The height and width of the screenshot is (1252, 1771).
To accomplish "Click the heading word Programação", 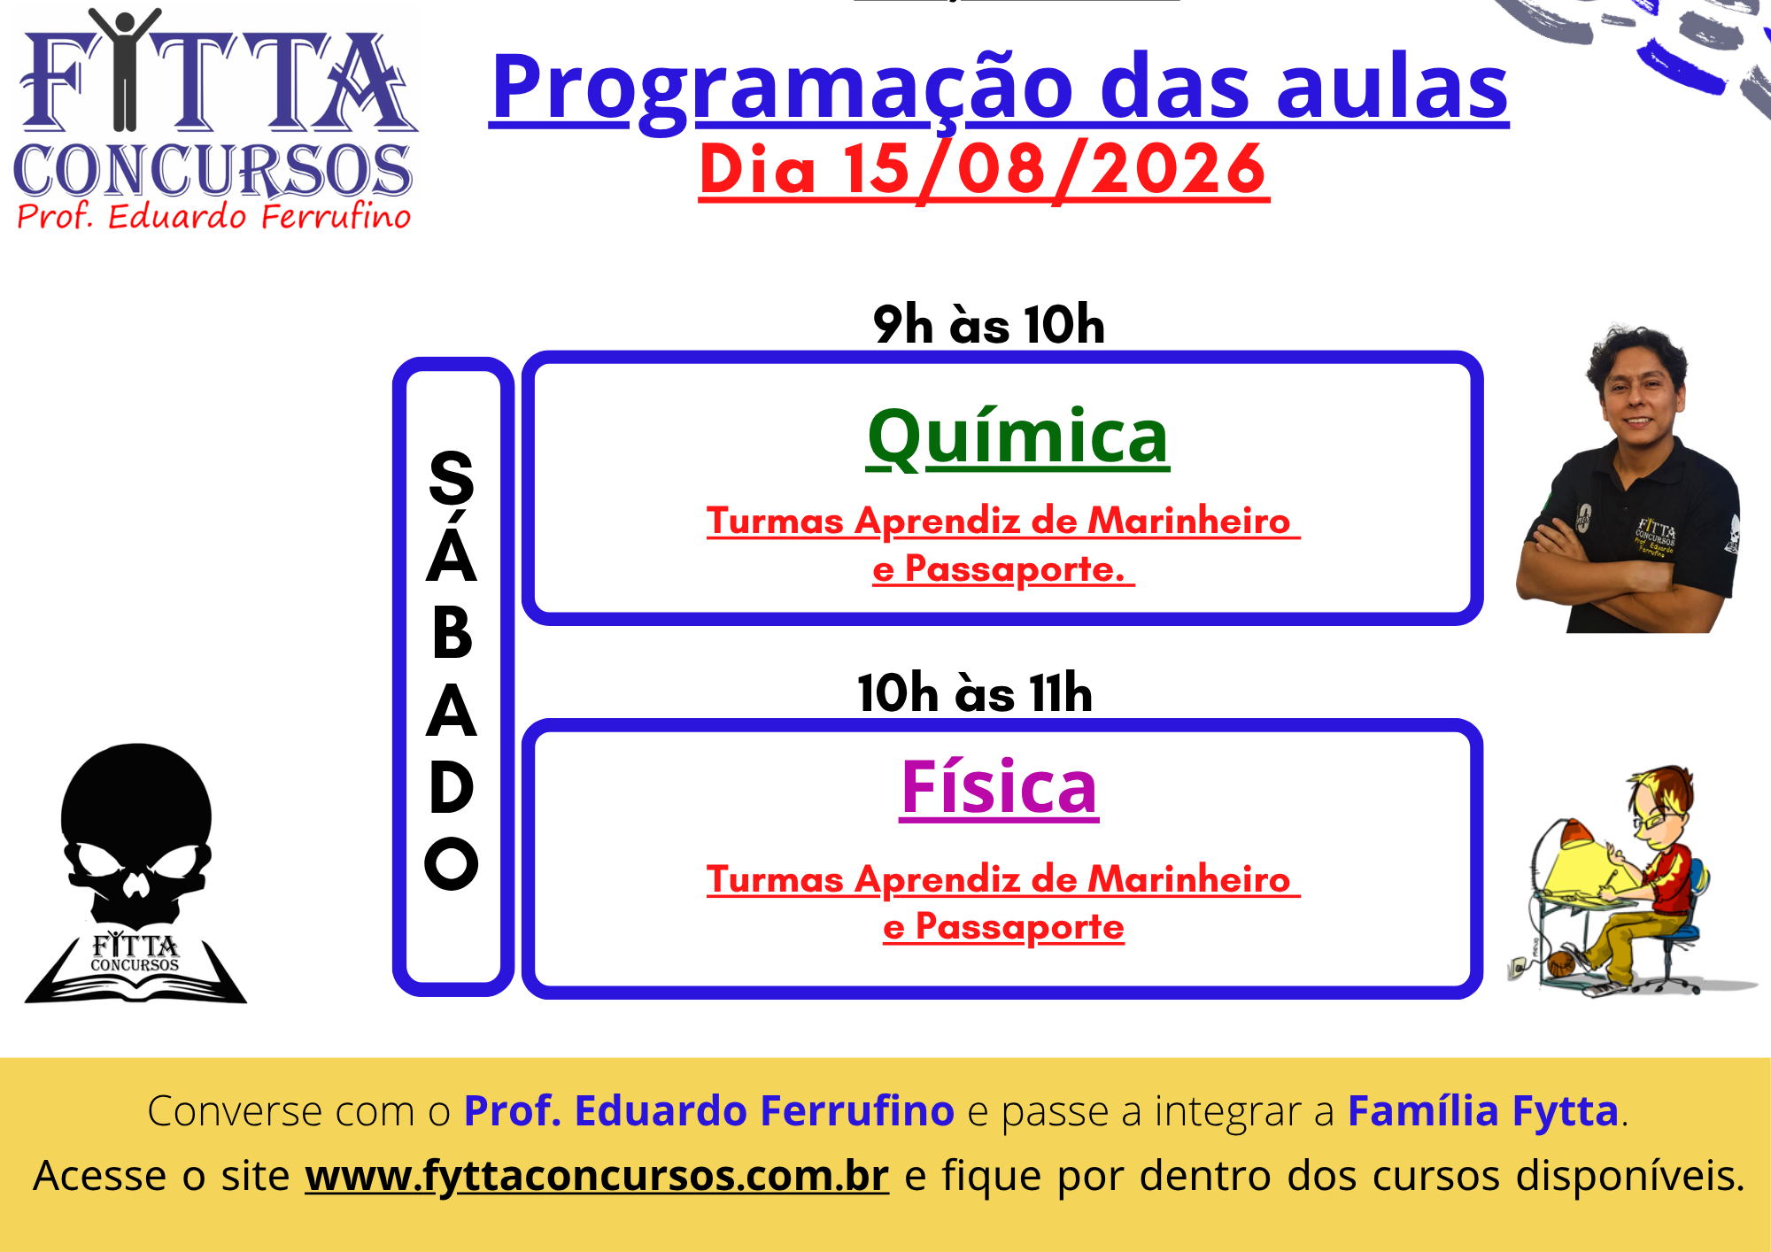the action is tap(783, 89).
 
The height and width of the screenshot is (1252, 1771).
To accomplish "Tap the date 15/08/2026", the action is tap(1055, 169).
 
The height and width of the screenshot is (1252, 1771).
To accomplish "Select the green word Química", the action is tap(1018, 437).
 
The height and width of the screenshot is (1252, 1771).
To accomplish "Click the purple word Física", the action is tap(999, 786).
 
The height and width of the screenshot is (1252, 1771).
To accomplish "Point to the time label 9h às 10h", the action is tap(989, 324).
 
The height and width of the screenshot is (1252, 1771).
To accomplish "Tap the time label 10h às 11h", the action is tap(975, 692).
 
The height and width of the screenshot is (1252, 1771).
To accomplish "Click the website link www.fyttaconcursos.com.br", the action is tap(597, 1176).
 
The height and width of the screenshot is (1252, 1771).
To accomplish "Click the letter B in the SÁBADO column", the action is tap(452, 634).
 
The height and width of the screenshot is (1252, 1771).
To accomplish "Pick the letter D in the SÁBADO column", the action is tap(452, 787).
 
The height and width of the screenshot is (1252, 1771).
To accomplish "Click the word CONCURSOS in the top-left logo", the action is tap(213, 170).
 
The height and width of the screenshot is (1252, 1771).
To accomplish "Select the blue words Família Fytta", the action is tap(1483, 1110).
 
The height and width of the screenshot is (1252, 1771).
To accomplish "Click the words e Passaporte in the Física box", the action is tap(1003, 927).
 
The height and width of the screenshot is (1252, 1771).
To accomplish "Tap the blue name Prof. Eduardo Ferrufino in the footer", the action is tap(709, 1110).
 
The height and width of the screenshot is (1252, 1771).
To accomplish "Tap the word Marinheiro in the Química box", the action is tap(1188, 521).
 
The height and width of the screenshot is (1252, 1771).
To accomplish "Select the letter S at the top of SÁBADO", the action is tap(452, 478).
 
